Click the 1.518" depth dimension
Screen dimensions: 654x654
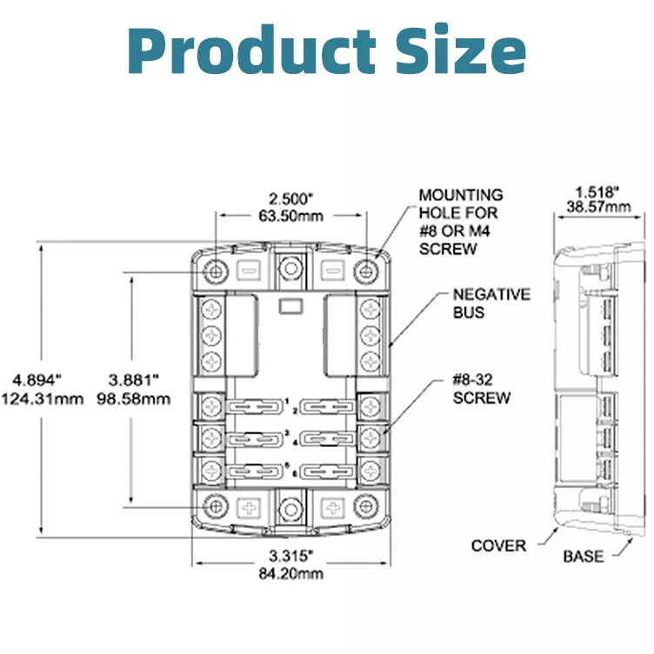click(597, 190)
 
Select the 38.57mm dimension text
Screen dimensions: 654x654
click(597, 206)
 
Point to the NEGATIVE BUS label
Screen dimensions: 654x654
click(490, 303)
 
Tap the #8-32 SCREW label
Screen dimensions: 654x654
click(482, 389)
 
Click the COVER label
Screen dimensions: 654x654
click(499, 546)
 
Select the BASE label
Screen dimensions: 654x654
click(583, 556)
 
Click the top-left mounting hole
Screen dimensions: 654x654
click(215, 270)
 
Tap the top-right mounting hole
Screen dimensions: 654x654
click(369, 270)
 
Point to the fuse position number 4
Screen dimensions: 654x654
click(296, 442)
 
